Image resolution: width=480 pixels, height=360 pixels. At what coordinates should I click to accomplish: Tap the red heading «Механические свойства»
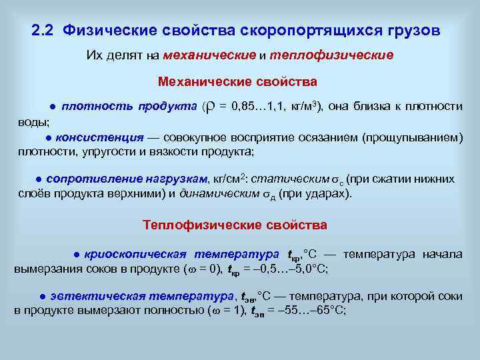pyautogui.click(x=237, y=82)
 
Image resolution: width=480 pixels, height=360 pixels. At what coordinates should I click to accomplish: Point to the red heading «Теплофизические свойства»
pyautogui.click(x=235, y=225)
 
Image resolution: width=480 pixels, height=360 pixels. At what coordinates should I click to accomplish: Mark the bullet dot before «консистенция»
pyautogui.click(x=49, y=138)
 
